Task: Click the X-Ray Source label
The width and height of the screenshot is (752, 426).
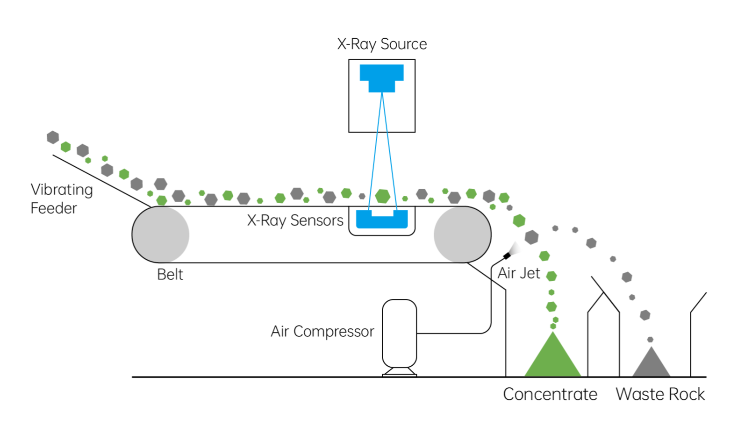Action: tap(382, 44)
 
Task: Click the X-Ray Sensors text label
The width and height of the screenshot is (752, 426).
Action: tap(295, 220)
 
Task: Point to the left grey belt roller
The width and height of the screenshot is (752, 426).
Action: tap(161, 234)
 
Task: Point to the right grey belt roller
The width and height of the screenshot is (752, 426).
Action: tap(462, 234)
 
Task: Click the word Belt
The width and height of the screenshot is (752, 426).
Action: tap(170, 274)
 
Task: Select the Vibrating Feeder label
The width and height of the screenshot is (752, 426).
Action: tap(61, 199)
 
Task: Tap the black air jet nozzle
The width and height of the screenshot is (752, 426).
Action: tap(507, 256)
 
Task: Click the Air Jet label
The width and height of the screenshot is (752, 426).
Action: tap(519, 273)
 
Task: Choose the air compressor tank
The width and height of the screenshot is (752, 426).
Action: tap(399, 334)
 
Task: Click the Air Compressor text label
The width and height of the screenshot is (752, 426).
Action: tap(322, 331)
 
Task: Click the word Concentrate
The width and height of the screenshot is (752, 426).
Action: tap(550, 394)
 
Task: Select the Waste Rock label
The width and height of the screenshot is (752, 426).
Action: tap(660, 394)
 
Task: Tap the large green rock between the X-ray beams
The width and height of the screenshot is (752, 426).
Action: tap(382, 196)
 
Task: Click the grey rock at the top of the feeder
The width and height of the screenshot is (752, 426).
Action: tap(53, 137)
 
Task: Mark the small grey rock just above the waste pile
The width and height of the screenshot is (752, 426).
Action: tap(650, 340)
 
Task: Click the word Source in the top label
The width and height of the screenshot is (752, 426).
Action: tap(403, 44)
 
